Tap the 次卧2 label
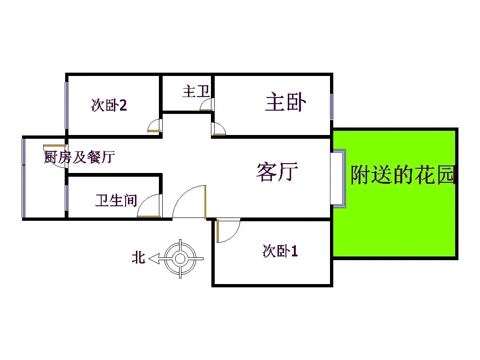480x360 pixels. pos(109,105)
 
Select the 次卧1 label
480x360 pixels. pos(280,251)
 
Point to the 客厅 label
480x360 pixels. pos(277,172)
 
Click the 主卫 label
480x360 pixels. pos(196,91)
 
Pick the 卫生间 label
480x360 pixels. pos(116,201)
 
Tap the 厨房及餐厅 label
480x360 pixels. pos(80,157)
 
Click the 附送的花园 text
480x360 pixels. pos(403,174)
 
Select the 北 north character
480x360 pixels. pos(138,257)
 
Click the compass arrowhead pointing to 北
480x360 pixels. pos(154,259)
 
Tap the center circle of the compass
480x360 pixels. pos(180,259)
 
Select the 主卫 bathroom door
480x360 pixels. pos(207,105)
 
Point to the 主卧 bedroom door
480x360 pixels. pos(218,129)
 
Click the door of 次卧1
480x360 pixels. pos(228,231)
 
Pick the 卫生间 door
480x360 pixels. pos(150,206)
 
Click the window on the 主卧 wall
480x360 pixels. pos(331,106)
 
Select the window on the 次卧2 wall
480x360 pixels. pos(67,105)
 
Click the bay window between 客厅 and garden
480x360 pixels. pos(338,179)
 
